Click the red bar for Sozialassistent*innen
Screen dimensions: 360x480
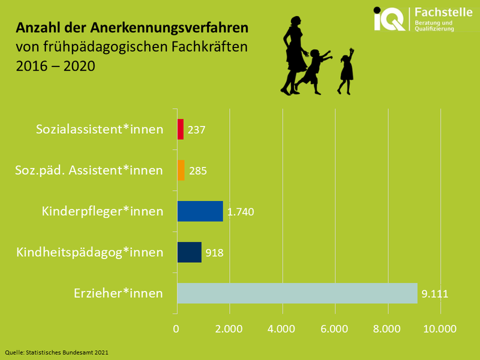pyautogui.click(x=180, y=130)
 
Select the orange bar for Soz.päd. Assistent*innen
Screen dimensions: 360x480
pyautogui.click(x=181, y=170)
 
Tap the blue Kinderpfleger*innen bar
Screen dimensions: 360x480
pyautogui.click(x=200, y=211)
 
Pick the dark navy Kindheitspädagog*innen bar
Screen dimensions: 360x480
pyautogui.click(x=189, y=252)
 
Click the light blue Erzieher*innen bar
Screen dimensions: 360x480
pyautogui.click(x=297, y=293)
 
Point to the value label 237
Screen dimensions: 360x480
pyautogui.click(x=197, y=130)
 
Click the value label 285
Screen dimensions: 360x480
pyautogui.click(x=198, y=171)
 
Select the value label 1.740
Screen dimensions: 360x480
pyautogui.click(x=242, y=212)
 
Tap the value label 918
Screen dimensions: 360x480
pyautogui.click(x=214, y=253)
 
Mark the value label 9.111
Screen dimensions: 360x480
pyautogui.click(x=435, y=294)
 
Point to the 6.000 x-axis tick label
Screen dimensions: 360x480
pyautogui.click(x=335, y=329)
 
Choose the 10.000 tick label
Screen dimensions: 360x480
pyautogui.click(x=440, y=329)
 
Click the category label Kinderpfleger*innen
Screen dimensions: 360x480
pyautogui.click(x=103, y=212)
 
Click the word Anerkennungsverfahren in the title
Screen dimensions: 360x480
pyautogui.click(x=169, y=28)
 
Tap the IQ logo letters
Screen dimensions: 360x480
pyautogui.click(x=389, y=19)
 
